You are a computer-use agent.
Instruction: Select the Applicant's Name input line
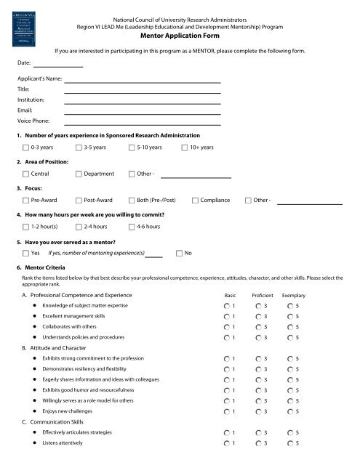coord(143,81)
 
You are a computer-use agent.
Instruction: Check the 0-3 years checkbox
coord(26,147)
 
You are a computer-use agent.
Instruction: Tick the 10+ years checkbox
coord(184,147)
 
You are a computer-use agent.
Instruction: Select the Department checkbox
coord(79,174)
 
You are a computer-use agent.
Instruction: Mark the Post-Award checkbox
coord(79,200)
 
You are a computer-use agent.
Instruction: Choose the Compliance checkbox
coord(195,200)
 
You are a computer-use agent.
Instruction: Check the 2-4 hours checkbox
coord(79,227)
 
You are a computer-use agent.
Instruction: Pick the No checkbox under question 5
coord(180,253)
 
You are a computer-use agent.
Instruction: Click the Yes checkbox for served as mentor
coord(26,253)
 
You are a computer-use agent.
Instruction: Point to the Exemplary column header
coord(293,296)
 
